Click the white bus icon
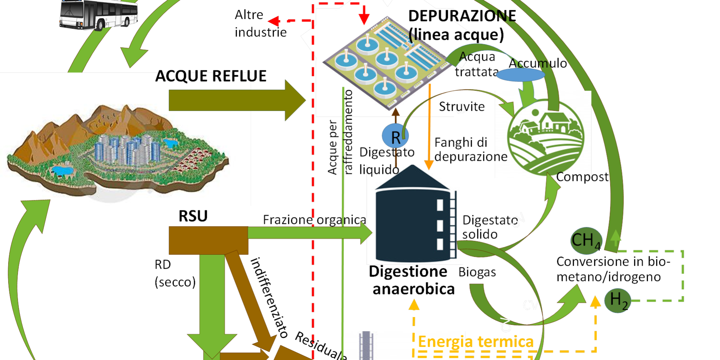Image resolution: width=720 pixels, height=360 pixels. [99, 15]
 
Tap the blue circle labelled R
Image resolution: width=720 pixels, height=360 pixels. [395, 137]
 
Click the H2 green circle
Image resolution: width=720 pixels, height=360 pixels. [618, 300]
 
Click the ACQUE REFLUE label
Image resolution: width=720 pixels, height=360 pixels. [211, 76]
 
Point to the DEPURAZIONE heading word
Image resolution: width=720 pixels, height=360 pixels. [462, 16]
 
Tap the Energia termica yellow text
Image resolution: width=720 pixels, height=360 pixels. [476, 342]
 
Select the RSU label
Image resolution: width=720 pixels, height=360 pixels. [193, 216]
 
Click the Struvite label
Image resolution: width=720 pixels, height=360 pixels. [462, 107]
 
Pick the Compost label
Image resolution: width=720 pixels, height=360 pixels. [582, 176]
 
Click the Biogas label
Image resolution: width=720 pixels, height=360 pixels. [477, 272]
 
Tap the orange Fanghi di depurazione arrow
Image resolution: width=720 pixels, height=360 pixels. [429, 127]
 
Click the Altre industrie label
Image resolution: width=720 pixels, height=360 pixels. [260, 24]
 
